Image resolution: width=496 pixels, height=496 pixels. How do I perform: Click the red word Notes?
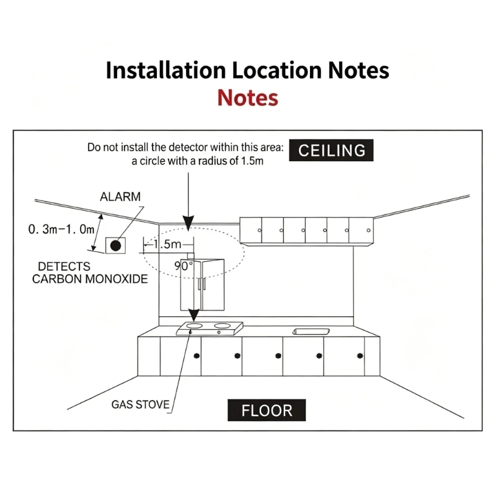[x=247, y=98]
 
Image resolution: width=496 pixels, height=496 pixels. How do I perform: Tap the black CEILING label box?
[x=331, y=150]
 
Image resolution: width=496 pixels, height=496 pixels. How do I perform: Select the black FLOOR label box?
[x=267, y=410]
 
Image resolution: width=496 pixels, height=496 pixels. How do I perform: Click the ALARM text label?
[x=120, y=197]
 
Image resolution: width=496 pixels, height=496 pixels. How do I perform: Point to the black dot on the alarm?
[x=115, y=246]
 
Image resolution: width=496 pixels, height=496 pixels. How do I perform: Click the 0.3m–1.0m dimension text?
[x=61, y=229]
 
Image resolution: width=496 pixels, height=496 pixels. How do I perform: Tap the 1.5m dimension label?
[x=167, y=244]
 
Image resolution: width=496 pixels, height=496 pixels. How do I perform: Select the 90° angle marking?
[x=184, y=266]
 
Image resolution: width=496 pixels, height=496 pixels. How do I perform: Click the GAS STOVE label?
[x=141, y=405]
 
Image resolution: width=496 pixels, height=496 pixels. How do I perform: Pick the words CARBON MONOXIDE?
[x=90, y=279]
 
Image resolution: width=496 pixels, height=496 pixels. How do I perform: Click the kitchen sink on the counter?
[x=311, y=332]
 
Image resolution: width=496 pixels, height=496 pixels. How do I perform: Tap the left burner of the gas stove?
[x=194, y=325]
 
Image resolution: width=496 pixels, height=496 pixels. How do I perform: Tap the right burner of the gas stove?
[x=223, y=325]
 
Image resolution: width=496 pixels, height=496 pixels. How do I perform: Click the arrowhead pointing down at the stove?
[x=193, y=315]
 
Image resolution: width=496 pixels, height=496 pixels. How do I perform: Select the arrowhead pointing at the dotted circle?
[x=188, y=223]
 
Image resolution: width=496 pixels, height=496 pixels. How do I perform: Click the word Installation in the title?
[x=166, y=70]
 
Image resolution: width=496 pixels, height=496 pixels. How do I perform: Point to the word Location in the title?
[x=277, y=70]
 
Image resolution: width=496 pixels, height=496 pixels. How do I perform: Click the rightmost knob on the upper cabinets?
[x=368, y=230]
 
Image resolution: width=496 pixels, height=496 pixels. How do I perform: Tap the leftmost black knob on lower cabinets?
[x=197, y=356]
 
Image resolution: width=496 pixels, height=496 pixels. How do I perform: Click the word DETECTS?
[x=64, y=267]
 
